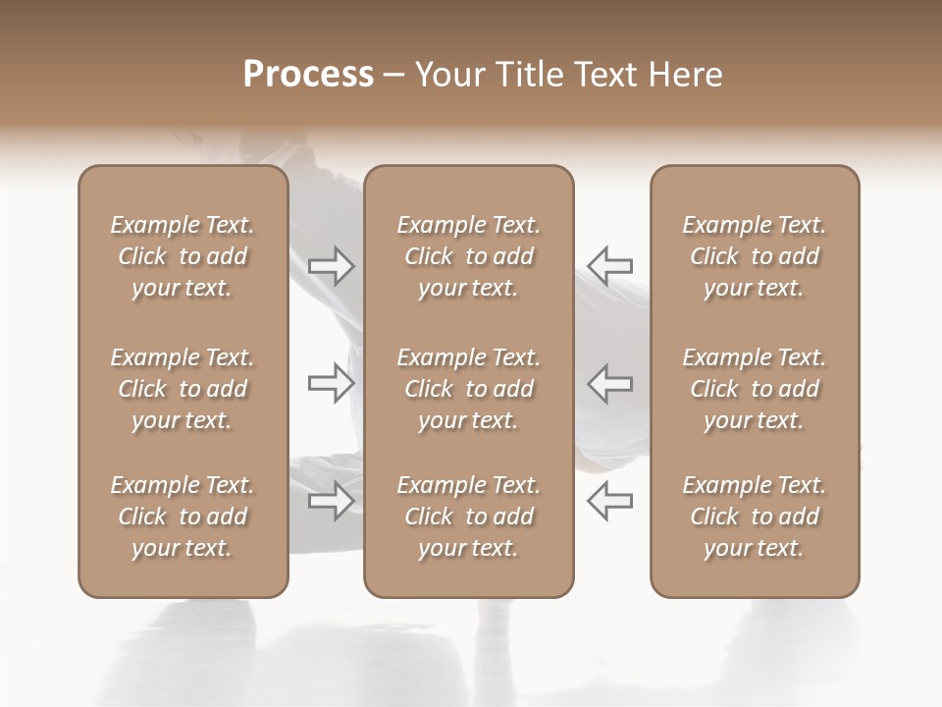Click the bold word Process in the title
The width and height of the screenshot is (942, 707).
[x=308, y=75]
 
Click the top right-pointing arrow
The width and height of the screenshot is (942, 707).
[x=331, y=266]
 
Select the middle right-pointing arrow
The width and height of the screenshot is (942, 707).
[x=331, y=384]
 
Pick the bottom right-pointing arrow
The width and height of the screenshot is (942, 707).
[x=331, y=502]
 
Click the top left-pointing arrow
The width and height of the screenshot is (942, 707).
[x=609, y=266]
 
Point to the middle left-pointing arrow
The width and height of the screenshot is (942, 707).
[x=609, y=384]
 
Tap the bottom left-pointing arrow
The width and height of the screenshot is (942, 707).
[x=609, y=502]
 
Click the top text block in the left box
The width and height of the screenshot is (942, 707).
[x=183, y=256]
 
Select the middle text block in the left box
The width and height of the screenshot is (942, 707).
[x=183, y=389]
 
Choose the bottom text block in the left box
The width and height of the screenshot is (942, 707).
[x=183, y=517]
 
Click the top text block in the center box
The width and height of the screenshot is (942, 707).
[x=468, y=256]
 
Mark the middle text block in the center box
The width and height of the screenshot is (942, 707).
[x=468, y=389]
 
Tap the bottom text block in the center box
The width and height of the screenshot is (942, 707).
[x=468, y=517]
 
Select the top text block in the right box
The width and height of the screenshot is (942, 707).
[x=754, y=256]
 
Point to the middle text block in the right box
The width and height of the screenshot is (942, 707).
[x=754, y=389]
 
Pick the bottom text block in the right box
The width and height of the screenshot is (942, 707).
[x=754, y=517]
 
